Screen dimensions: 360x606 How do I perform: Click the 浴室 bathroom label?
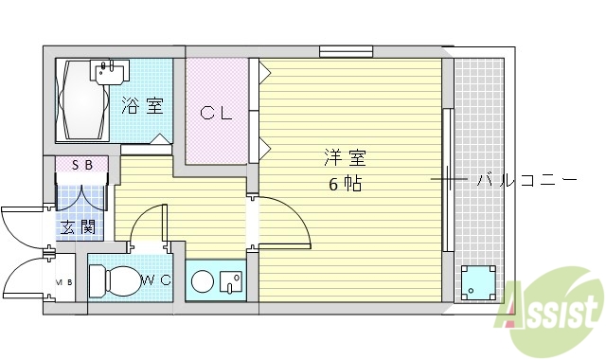142,105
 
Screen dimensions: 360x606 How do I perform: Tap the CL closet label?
217,113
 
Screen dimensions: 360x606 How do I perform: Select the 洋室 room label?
345,157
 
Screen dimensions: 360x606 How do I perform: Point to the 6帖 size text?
345,184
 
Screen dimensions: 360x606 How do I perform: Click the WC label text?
155,279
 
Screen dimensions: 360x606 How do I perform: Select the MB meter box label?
63,281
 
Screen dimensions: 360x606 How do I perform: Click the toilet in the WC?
112,280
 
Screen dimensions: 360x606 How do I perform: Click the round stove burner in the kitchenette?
202,281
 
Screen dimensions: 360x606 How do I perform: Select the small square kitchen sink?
230,281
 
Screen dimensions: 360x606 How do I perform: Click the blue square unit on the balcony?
477,281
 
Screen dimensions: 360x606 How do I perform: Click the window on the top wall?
345,51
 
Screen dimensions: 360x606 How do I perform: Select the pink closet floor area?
216,133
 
